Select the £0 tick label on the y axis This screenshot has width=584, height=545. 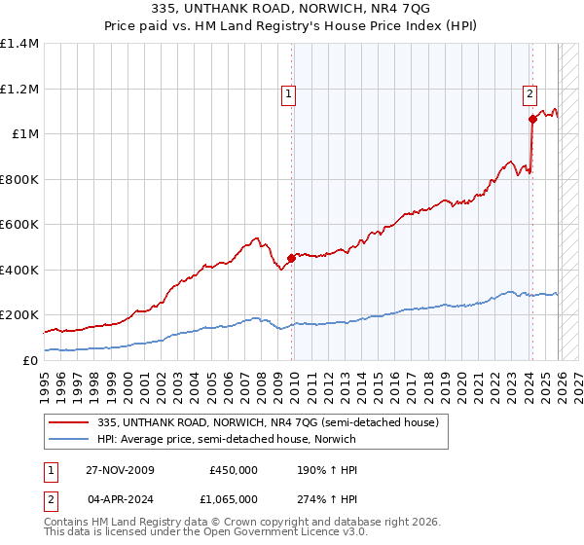click(31, 360)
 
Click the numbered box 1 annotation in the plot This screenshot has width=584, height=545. click(289, 94)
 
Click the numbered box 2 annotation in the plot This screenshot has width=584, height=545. click(529, 94)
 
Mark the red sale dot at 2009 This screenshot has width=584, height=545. click(292, 258)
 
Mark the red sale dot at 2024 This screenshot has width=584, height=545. click(532, 120)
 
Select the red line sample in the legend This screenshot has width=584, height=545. click(70, 422)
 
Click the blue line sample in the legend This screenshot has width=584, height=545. click(70, 439)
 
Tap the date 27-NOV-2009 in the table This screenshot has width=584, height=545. click(120, 470)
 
